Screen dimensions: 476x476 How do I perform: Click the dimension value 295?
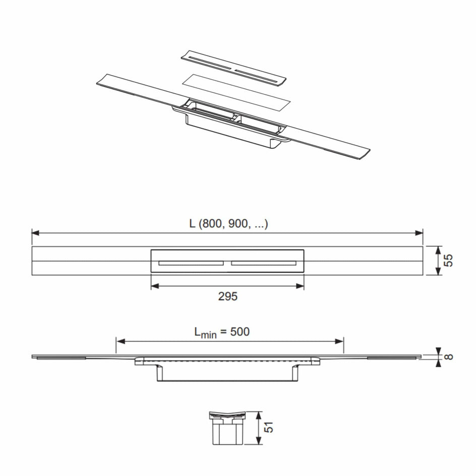[228, 296]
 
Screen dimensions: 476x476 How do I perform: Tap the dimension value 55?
[448, 261]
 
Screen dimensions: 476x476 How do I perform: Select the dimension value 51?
[269, 427]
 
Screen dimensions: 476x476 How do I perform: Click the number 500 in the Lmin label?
[240, 331]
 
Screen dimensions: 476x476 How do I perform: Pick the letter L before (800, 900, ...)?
[193, 224]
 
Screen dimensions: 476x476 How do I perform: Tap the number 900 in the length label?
[239, 224]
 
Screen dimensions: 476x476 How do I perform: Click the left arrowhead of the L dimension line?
[35, 233]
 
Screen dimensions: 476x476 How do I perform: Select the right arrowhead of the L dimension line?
[419, 233]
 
